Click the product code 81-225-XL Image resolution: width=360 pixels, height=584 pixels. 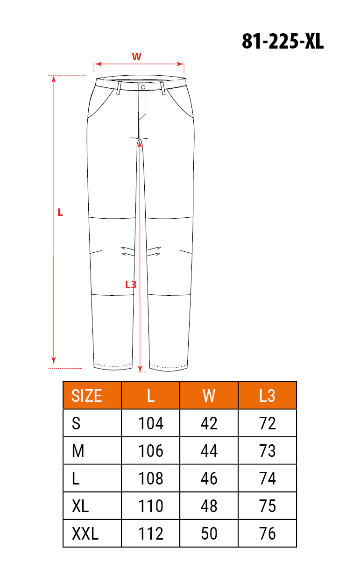[282, 41]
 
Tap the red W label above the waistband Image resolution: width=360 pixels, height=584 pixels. [136, 57]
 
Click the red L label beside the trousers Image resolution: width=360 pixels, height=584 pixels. [60, 213]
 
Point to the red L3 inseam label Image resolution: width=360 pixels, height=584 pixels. [131, 285]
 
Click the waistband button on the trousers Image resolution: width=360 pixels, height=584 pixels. [143, 87]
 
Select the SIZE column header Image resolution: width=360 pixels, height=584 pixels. [86, 396]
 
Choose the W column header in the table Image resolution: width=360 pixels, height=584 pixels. [209, 396]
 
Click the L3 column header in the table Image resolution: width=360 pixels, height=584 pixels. [267, 396]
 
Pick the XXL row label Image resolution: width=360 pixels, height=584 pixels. [85, 534]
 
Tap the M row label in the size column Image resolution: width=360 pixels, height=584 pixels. [78, 451]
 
